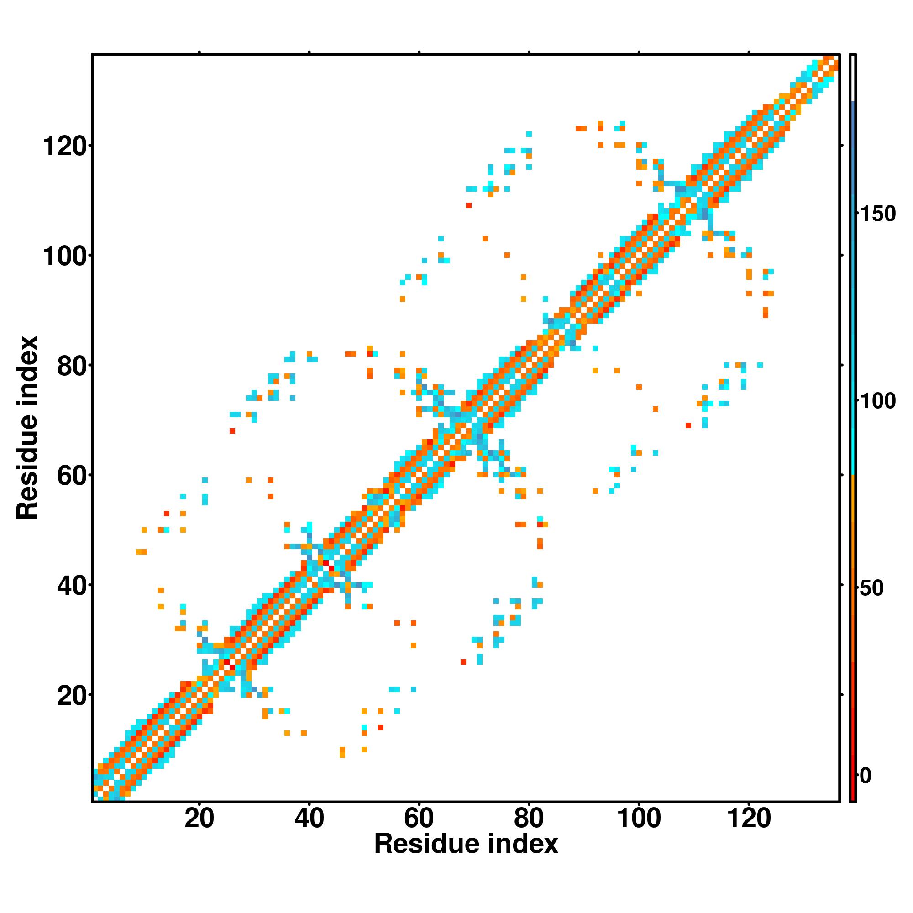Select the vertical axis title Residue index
(27, 428)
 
